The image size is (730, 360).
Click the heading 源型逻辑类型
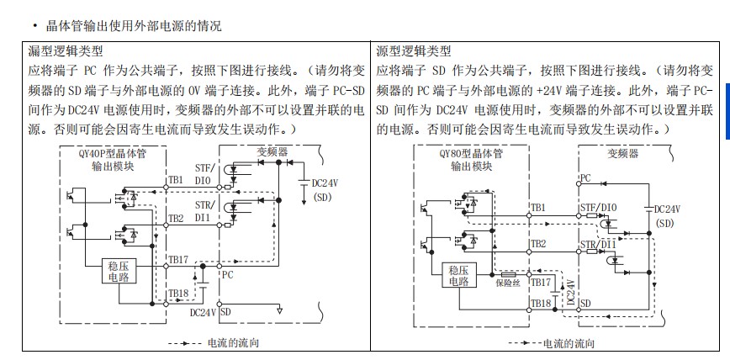414,52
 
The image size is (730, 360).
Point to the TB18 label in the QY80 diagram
540,302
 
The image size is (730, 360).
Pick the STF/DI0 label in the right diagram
598,207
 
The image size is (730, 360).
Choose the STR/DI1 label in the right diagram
598,244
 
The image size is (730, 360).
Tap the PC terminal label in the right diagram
586,177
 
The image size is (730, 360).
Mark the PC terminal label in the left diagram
227,273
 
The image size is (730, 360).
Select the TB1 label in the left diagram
175,180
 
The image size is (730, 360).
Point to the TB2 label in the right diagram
537,244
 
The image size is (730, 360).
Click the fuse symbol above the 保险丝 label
507,273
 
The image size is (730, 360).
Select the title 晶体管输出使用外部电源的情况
127,26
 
